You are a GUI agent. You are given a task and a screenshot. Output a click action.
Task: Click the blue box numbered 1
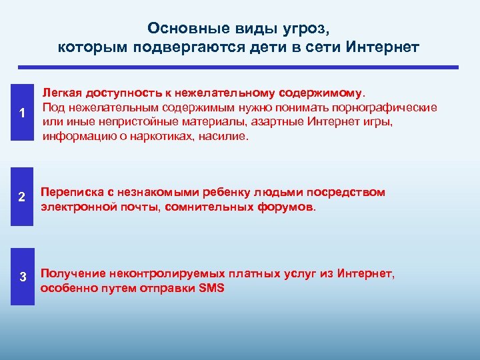[22, 113]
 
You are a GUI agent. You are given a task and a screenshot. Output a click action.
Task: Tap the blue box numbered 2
[22, 198]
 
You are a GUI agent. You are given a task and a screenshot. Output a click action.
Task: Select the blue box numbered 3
[22, 277]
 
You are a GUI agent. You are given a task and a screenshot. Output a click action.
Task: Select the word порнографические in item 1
[391, 107]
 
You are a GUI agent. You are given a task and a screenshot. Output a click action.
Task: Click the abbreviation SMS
[213, 289]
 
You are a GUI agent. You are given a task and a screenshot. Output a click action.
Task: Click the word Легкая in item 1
[63, 93]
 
